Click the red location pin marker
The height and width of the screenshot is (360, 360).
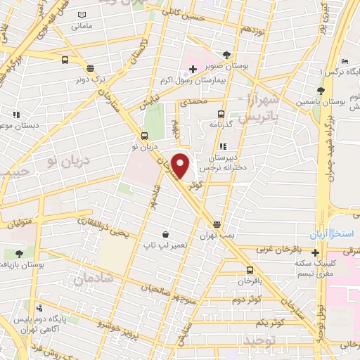coord(180,165)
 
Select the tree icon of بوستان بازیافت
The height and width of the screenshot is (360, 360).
coord(18,253)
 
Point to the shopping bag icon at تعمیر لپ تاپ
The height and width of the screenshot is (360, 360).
coord(165,234)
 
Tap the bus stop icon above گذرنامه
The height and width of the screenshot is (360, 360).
coord(221,114)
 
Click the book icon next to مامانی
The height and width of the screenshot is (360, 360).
coord(83,15)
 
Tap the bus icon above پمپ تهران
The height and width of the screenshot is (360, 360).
coord(218,224)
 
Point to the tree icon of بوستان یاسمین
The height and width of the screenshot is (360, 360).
coord(321,90)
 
